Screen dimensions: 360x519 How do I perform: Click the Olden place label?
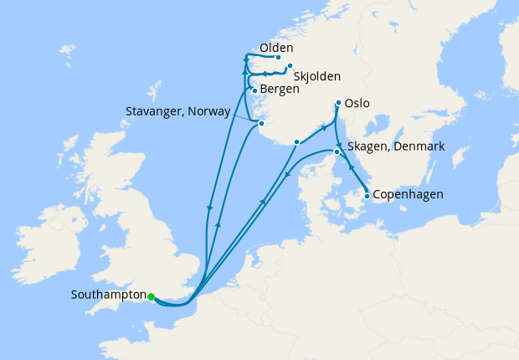tap(275, 48)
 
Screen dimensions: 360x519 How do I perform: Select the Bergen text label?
tap(280, 88)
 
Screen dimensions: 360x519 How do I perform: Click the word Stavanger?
tap(157, 109)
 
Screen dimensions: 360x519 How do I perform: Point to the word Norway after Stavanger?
tap(208, 109)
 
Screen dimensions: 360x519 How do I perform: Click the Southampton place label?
tap(108, 296)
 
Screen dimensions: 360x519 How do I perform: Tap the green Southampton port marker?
tap(152, 296)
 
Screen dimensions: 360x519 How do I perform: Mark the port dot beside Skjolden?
tap(290, 67)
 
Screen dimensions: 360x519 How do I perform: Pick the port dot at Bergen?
tap(254, 90)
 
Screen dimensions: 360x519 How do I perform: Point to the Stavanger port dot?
tap(261, 124)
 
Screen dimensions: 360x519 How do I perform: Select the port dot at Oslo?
tap(338, 104)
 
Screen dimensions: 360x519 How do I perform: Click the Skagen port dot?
tap(337, 152)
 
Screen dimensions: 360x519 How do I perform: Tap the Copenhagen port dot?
tap(367, 197)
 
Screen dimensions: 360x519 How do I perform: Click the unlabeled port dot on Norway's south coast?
tap(297, 141)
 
